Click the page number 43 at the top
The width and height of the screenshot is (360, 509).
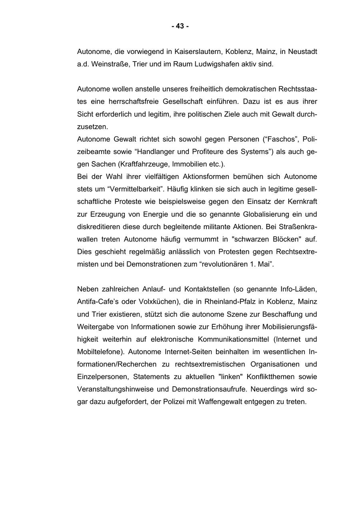pos(180,26)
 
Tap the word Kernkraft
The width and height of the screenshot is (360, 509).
pos(302,202)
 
